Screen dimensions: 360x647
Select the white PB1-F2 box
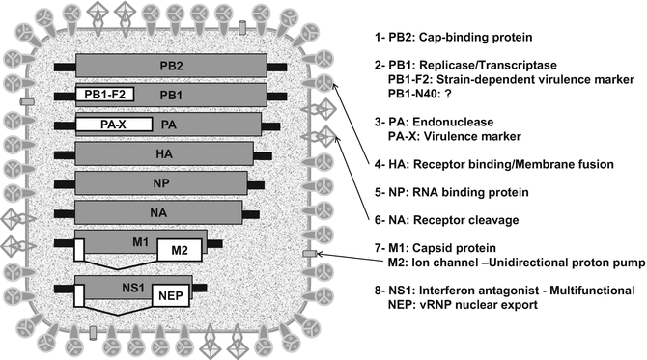tap(104, 95)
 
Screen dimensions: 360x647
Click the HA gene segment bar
tap(164, 153)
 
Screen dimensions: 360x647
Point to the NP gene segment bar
tap(164, 182)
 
